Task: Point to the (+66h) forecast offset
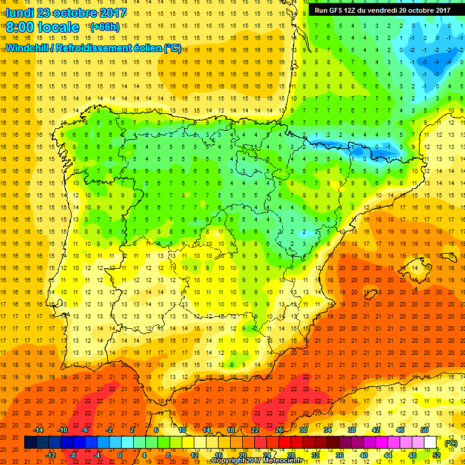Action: coord(105,27)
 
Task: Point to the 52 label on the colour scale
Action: coord(437,455)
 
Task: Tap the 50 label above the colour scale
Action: coord(424,429)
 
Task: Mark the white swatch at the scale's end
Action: coord(430,443)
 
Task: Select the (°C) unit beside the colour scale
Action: coord(450,443)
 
